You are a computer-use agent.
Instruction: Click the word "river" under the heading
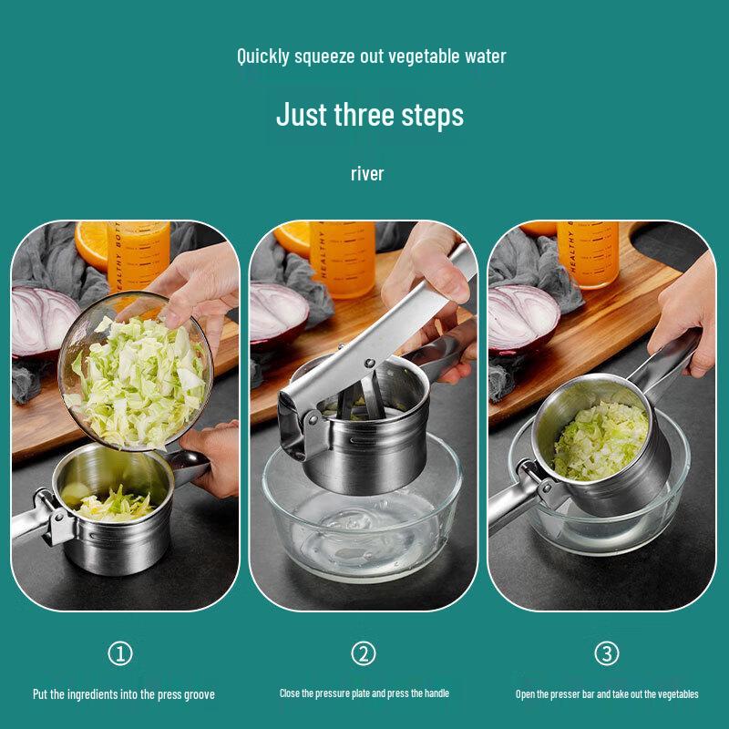367,173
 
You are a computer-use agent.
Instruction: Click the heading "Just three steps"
370,116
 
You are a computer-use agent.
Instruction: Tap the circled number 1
120,653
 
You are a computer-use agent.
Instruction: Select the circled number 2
364,653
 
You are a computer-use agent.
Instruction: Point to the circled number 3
607,653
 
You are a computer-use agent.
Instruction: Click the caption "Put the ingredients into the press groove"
124,694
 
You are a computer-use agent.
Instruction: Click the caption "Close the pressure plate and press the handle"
364,693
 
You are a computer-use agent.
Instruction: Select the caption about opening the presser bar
607,694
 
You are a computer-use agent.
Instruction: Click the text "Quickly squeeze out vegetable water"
372,56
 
